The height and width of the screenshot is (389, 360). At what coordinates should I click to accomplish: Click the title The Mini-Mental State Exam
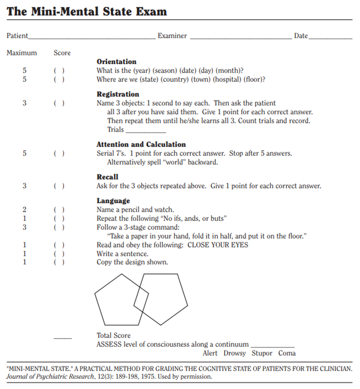pos(87,11)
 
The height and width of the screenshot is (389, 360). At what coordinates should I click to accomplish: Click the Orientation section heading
pos(117,62)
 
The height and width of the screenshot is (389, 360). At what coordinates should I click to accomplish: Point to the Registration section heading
pos(118,94)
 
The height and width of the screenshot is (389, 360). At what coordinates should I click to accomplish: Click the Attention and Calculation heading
pos(141,145)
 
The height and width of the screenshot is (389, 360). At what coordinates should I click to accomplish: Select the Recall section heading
pos(107,177)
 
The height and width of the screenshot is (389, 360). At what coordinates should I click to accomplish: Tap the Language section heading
pos(113,201)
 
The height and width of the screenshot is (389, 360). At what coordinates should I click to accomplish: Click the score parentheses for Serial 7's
pos(59,154)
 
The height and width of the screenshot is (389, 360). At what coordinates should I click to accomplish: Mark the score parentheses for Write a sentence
pos(59,254)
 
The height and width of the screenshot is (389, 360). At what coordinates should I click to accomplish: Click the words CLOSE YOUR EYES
pos(218,245)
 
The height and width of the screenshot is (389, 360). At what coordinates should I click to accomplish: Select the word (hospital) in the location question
pos(227,80)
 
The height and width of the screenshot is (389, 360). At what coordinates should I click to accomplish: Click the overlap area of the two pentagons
pos(141,299)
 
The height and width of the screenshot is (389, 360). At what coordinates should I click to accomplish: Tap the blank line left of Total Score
pos(63,338)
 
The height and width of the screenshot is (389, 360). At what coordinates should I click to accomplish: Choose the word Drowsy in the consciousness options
pos(235,353)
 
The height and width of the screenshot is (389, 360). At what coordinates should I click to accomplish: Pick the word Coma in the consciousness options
pos(287,353)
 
